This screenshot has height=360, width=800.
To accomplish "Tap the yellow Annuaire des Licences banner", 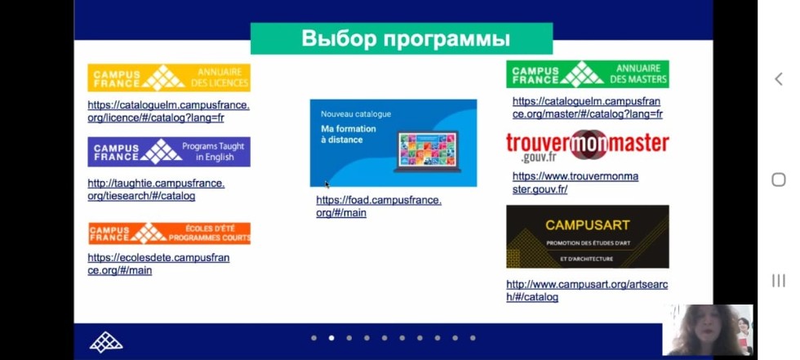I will point(169,78).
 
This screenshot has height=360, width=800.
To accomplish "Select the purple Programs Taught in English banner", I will point(169,152).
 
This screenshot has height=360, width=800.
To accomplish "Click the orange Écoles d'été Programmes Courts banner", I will point(169,233).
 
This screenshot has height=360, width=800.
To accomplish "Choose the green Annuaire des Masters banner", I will point(587,74).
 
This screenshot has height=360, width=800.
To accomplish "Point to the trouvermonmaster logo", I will point(587,146).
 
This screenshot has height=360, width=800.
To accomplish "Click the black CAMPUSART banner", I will point(587,236).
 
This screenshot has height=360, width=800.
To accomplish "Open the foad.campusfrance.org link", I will point(378,207).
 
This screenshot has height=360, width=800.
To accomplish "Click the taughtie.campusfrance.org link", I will point(155,189).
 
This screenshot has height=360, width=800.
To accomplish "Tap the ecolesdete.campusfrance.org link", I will point(158,264).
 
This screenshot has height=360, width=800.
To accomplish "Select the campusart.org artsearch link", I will point(586,291).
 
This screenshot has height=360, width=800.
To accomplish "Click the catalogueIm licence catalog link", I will point(168,111).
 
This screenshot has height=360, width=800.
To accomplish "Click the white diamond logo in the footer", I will point(106,342).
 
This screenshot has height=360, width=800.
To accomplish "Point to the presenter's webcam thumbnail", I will point(707,330).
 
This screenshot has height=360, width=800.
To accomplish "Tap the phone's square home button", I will point(778,180).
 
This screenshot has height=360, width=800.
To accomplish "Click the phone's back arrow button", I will point(778,78).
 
